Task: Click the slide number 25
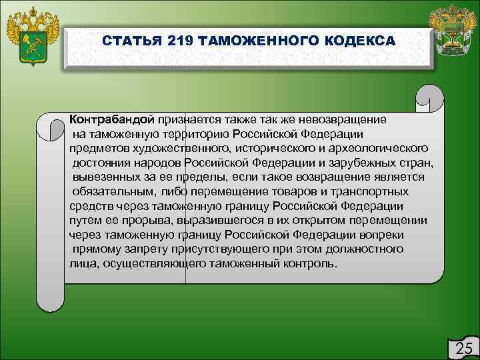coord(463,347)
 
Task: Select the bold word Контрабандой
coord(111,119)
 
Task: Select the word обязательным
coord(111,191)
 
